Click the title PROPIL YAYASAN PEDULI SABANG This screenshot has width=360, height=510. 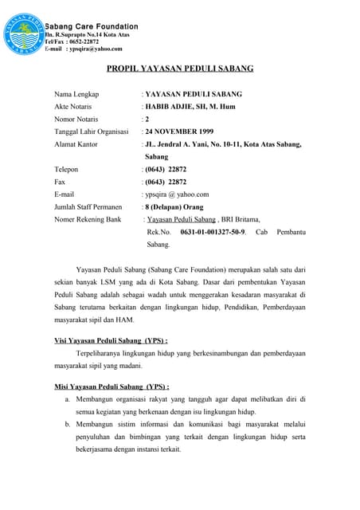(x=180, y=69)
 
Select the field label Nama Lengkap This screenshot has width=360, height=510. (x=79, y=94)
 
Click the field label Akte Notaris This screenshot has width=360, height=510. (x=76, y=106)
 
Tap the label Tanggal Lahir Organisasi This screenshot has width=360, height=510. (x=92, y=131)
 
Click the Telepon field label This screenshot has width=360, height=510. (x=67, y=169)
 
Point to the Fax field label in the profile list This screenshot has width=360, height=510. (x=60, y=182)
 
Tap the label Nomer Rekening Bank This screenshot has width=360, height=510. (x=88, y=219)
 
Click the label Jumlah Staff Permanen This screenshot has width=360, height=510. (x=88, y=206)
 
